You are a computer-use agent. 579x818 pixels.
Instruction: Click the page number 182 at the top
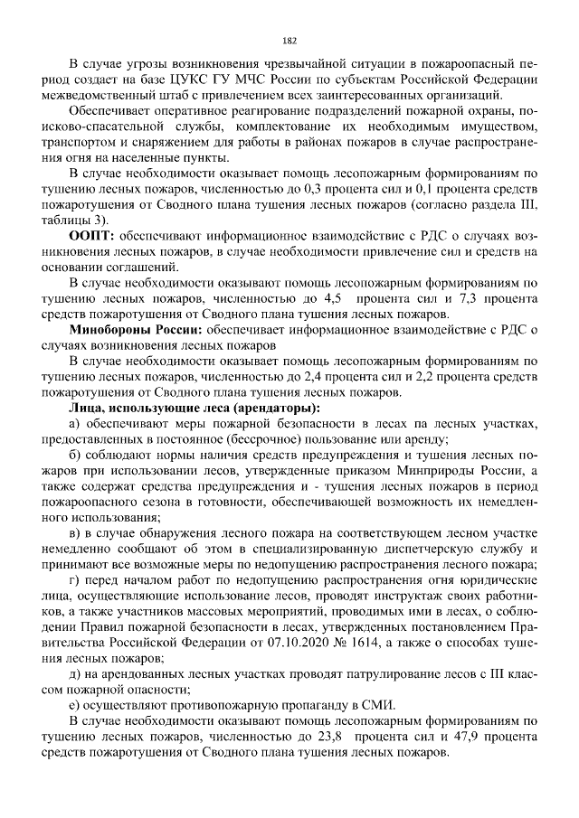[x=289, y=40]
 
